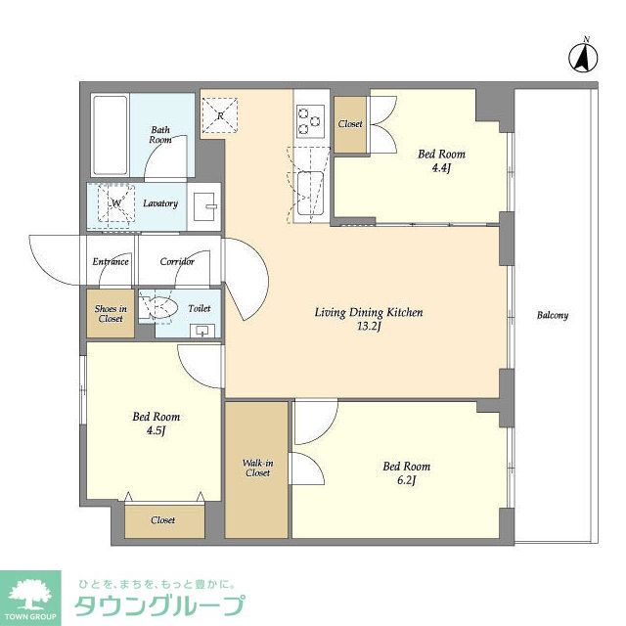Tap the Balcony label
pos(553,316)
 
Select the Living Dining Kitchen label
pos(368,313)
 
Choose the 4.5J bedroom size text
pos(156,431)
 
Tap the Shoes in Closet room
pos(110,314)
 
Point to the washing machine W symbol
pos(114,203)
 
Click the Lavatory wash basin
pos(205,205)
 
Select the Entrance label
pos(111,262)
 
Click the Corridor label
pos(177,262)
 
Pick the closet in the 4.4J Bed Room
pos(350,125)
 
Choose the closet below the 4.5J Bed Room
pos(163,519)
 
